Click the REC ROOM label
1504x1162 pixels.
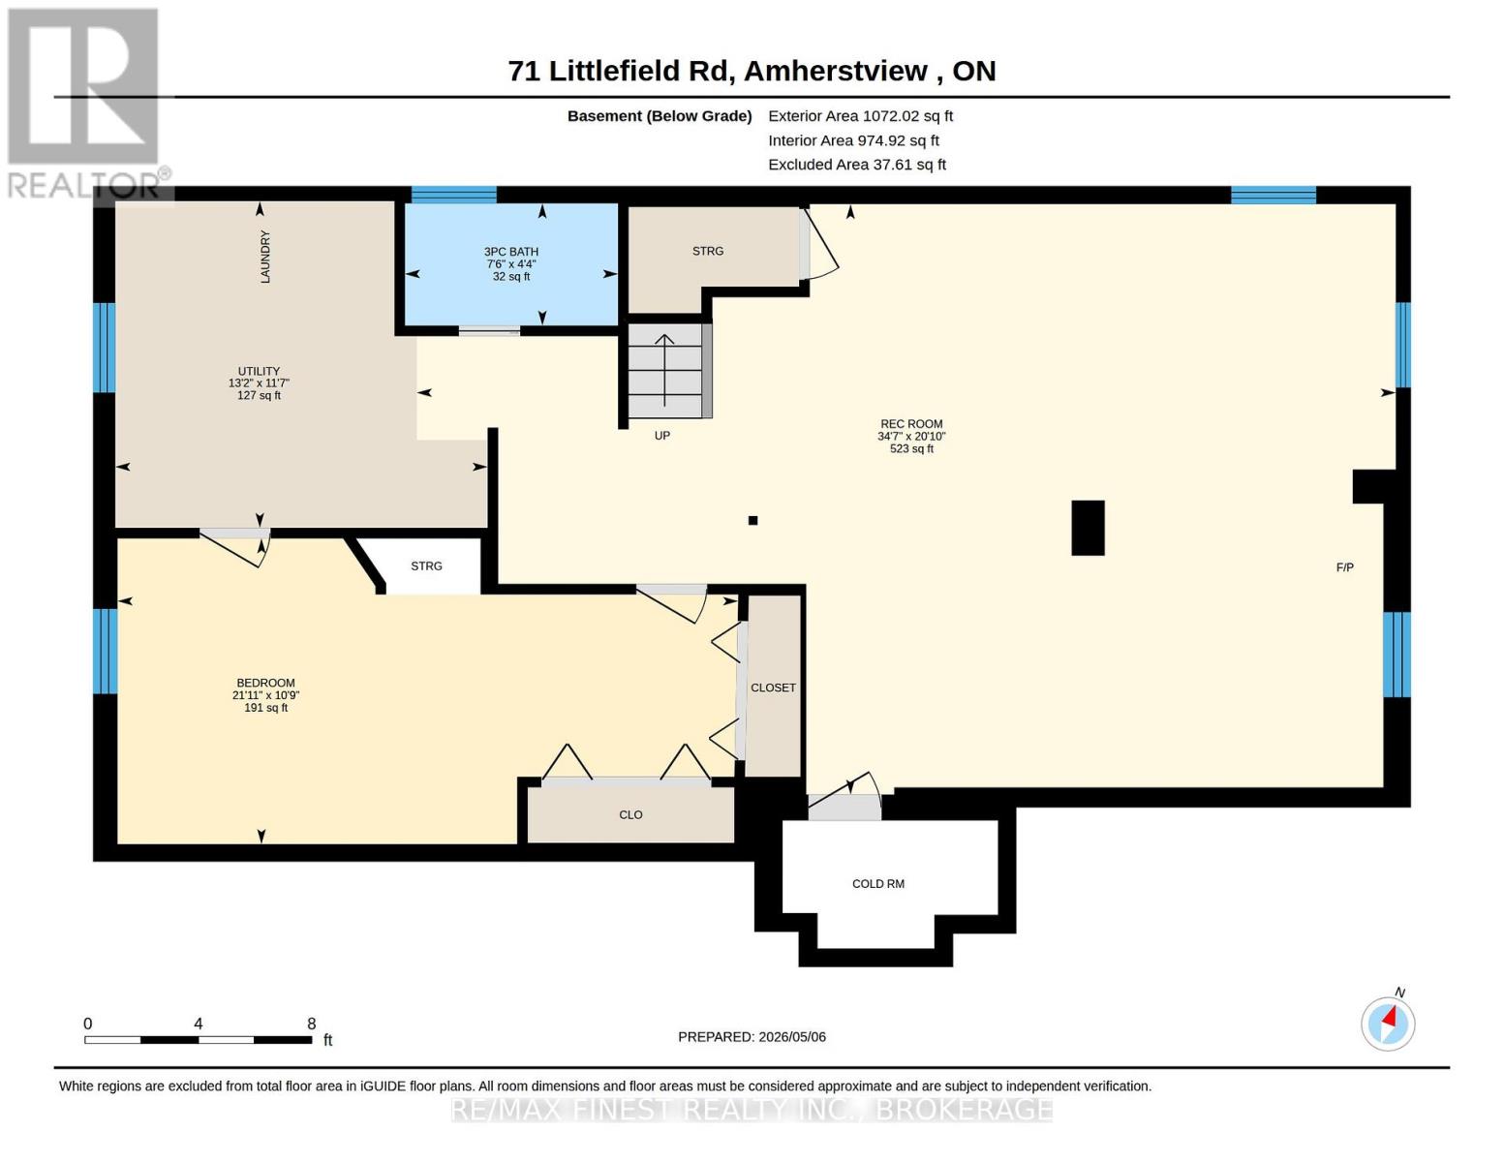point(911,423)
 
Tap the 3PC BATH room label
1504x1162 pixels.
point(510,252)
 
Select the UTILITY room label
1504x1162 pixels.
point(259,371)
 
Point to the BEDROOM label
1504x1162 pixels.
point(265,683)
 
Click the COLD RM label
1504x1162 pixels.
point(878,884)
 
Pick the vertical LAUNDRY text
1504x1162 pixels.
point(265,256)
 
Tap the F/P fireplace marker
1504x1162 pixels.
point(1345,567)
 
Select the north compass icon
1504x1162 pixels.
point(1388,1024)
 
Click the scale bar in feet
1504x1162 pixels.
point(199,1039)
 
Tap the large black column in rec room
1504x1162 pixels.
point(1088,528)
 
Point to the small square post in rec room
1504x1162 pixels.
point(753,520)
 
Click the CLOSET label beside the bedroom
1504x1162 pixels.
point(773,688)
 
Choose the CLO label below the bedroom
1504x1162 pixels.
point(630,815)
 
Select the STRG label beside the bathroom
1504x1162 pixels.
point(707,251)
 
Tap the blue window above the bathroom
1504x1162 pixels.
point(454,195)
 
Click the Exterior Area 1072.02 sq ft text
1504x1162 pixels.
point(860,116)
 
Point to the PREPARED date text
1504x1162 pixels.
point(752,1037)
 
